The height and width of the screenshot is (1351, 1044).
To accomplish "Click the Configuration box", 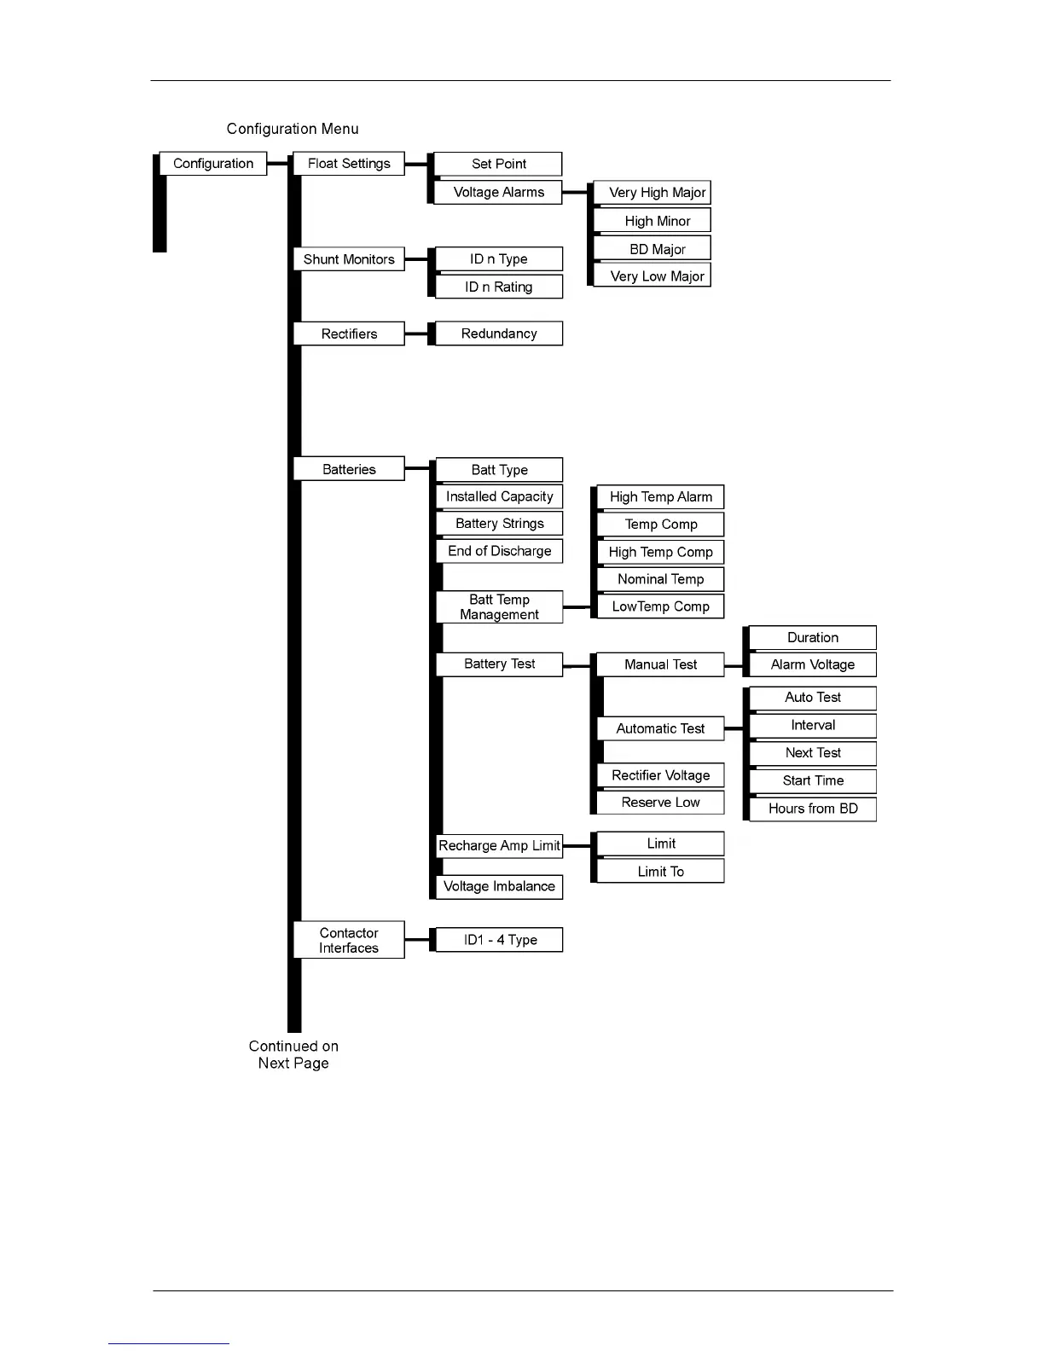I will point(213,164).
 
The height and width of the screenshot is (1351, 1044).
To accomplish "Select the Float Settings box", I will point(349,164).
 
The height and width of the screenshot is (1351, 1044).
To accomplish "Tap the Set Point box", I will point(499,164).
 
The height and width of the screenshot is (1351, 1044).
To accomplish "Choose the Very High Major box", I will point(657,193).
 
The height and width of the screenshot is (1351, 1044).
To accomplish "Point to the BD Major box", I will point(657,249).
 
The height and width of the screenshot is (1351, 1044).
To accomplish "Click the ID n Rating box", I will point(499,287).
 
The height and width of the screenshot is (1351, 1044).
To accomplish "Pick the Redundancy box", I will point(499,333).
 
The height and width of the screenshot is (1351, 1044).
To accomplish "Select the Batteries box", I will point(349,469).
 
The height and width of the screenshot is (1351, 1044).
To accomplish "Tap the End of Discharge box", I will point(499,551).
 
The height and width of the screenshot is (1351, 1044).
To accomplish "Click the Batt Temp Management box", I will point(499,607).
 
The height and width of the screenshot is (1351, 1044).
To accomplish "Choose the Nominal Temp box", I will point(660,579).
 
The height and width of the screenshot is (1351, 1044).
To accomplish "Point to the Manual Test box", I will point(660,664).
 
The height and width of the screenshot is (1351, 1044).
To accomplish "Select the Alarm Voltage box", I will point(812,664).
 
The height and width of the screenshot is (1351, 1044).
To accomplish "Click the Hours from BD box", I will point(812,809).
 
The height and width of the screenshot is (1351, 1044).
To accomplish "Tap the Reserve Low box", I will point(660,803).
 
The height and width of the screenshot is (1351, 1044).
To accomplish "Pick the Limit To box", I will point(660,872).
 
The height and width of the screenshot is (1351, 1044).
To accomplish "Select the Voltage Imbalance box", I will point(499,886).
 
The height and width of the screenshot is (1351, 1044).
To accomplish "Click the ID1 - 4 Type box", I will point(499,940).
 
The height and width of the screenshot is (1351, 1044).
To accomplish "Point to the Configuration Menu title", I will point(293,129).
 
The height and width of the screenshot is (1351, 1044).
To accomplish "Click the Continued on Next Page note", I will point(293,1055).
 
